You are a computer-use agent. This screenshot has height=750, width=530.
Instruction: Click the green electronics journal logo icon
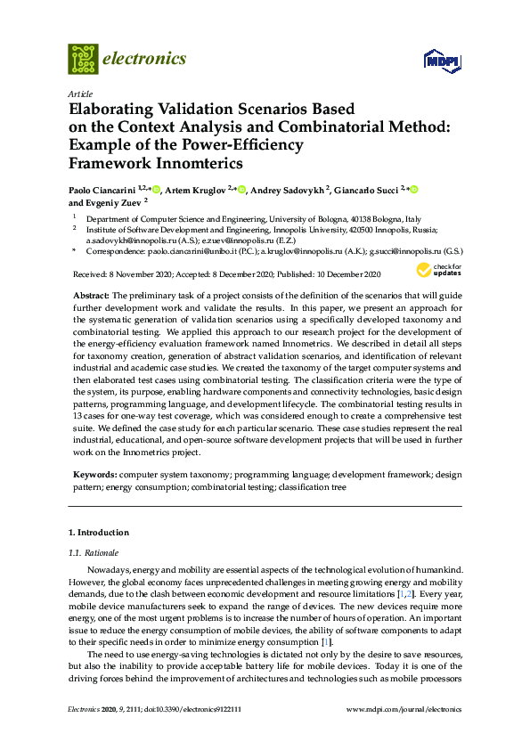83,59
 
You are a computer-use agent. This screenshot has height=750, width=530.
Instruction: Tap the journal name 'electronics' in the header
145,59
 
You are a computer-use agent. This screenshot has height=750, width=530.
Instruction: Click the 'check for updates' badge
438,270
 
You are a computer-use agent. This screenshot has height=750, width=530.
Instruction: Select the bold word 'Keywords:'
94,477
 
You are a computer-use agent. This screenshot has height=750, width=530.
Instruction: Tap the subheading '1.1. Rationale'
94,552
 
